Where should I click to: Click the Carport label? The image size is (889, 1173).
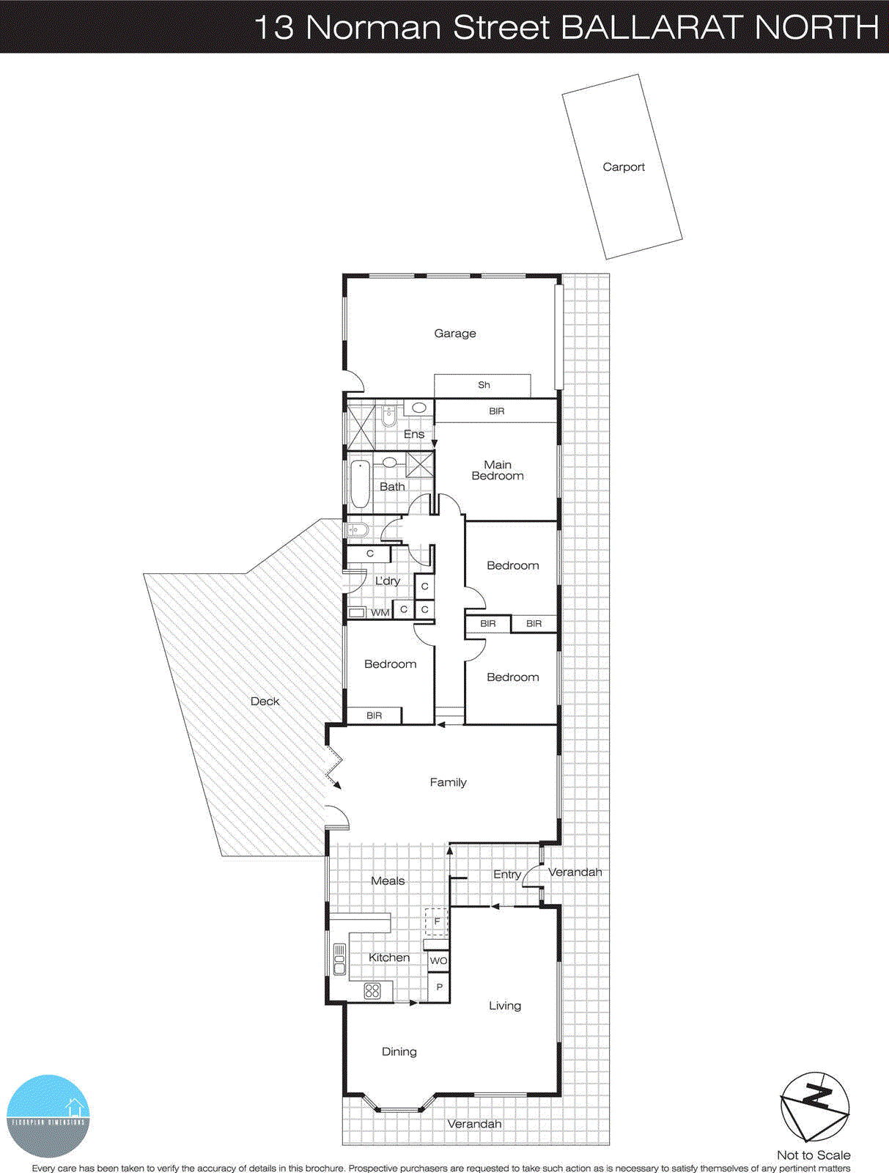[x=624, y=167]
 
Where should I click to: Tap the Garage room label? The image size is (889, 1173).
[x=454, y=334]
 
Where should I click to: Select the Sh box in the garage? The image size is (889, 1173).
[x=483, y=385]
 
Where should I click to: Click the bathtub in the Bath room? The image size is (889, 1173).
[x=360, y=484]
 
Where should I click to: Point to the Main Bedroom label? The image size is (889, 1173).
[x=498, y=470]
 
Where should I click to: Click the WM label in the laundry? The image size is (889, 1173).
[x=380, y=613]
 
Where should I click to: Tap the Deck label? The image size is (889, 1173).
[x=265, y=702]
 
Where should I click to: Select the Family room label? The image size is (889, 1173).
[x=448, y=782]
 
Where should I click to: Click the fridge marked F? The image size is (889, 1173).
[x=437, y=922]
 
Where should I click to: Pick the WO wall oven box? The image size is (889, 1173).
[x=438, y=960]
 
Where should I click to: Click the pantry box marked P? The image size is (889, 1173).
[x=439, y=987]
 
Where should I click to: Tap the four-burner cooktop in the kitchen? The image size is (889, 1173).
[x=372, y=991]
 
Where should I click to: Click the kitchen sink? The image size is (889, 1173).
[x=339, y=959]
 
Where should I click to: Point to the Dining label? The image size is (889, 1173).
[x=399, y=1052]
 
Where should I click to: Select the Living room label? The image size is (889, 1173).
[x=505, y=1006]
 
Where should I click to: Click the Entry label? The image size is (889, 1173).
[x=506, y=874]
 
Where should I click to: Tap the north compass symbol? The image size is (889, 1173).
[x=814, y=1106]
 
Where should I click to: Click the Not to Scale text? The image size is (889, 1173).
[x=814, y=1155]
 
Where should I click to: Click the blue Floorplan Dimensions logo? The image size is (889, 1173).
[x=48, y=1116]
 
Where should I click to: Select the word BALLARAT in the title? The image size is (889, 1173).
[x=653, y=28]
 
